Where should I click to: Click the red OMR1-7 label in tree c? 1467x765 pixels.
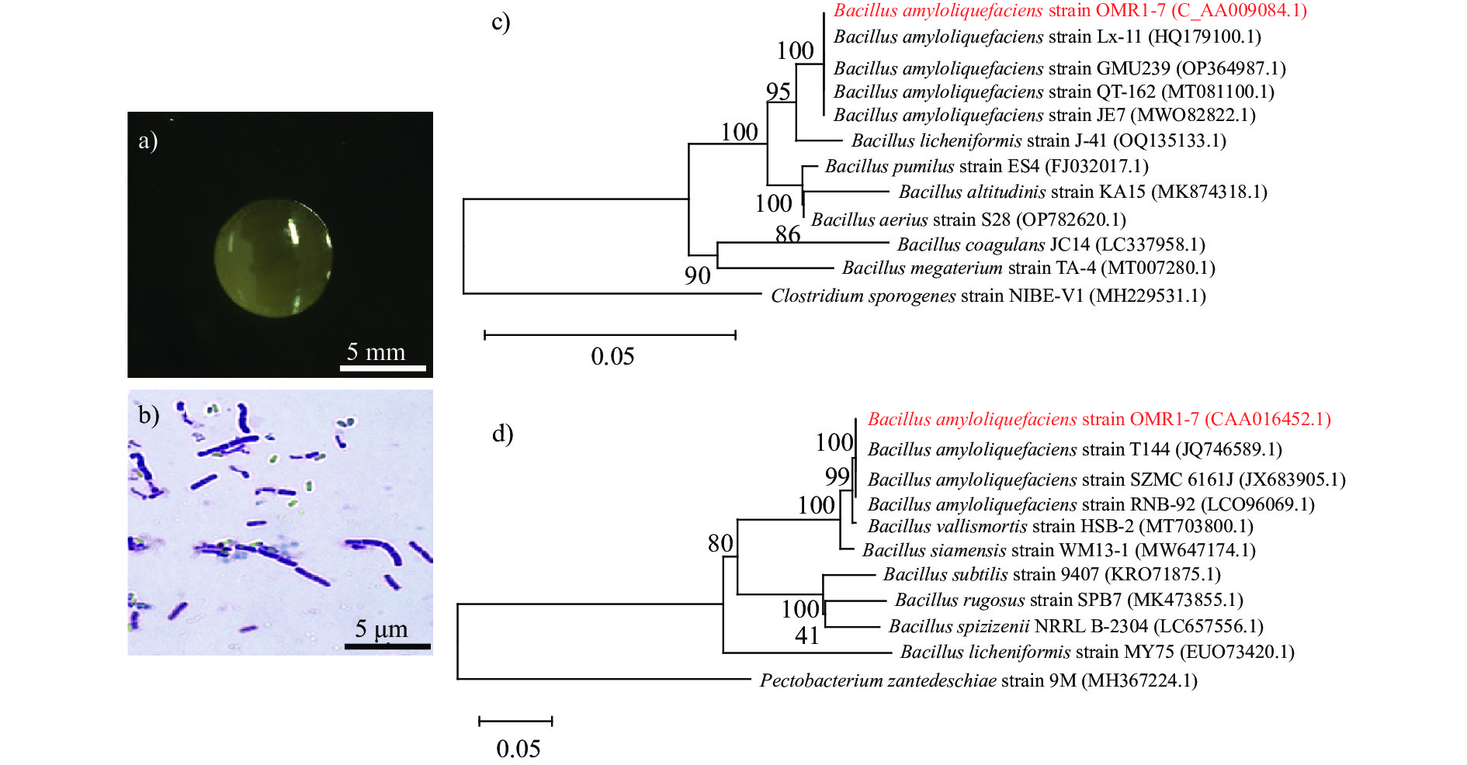(1070, 11)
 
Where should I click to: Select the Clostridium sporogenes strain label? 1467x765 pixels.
(987, 296)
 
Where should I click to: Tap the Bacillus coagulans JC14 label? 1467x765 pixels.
(1051, 244)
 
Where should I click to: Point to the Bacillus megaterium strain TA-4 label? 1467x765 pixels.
(1028, 268)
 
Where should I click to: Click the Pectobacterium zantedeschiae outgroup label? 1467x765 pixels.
(978, 680)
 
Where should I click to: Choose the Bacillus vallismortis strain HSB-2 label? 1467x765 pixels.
(1060, 526)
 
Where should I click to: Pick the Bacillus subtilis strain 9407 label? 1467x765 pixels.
(1052, 574)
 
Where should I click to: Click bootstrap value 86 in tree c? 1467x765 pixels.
(788, 234)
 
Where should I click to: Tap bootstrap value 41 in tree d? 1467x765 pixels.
(807, 635)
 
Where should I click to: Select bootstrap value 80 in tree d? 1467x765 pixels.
(720, 543)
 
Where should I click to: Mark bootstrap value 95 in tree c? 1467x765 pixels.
(779, 92)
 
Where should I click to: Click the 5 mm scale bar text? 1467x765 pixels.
(376, 352)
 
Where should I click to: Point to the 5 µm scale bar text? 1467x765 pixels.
(381, 628)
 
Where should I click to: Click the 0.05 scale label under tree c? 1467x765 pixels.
(612, 356)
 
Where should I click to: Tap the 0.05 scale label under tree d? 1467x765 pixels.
(518, 749)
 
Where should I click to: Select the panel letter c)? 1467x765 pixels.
(501, 22)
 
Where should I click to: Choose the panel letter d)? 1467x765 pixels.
(502, 433)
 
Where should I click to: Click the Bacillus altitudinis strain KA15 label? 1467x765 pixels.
(1083, 192)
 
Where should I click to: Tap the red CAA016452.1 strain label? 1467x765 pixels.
(1099, 419)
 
